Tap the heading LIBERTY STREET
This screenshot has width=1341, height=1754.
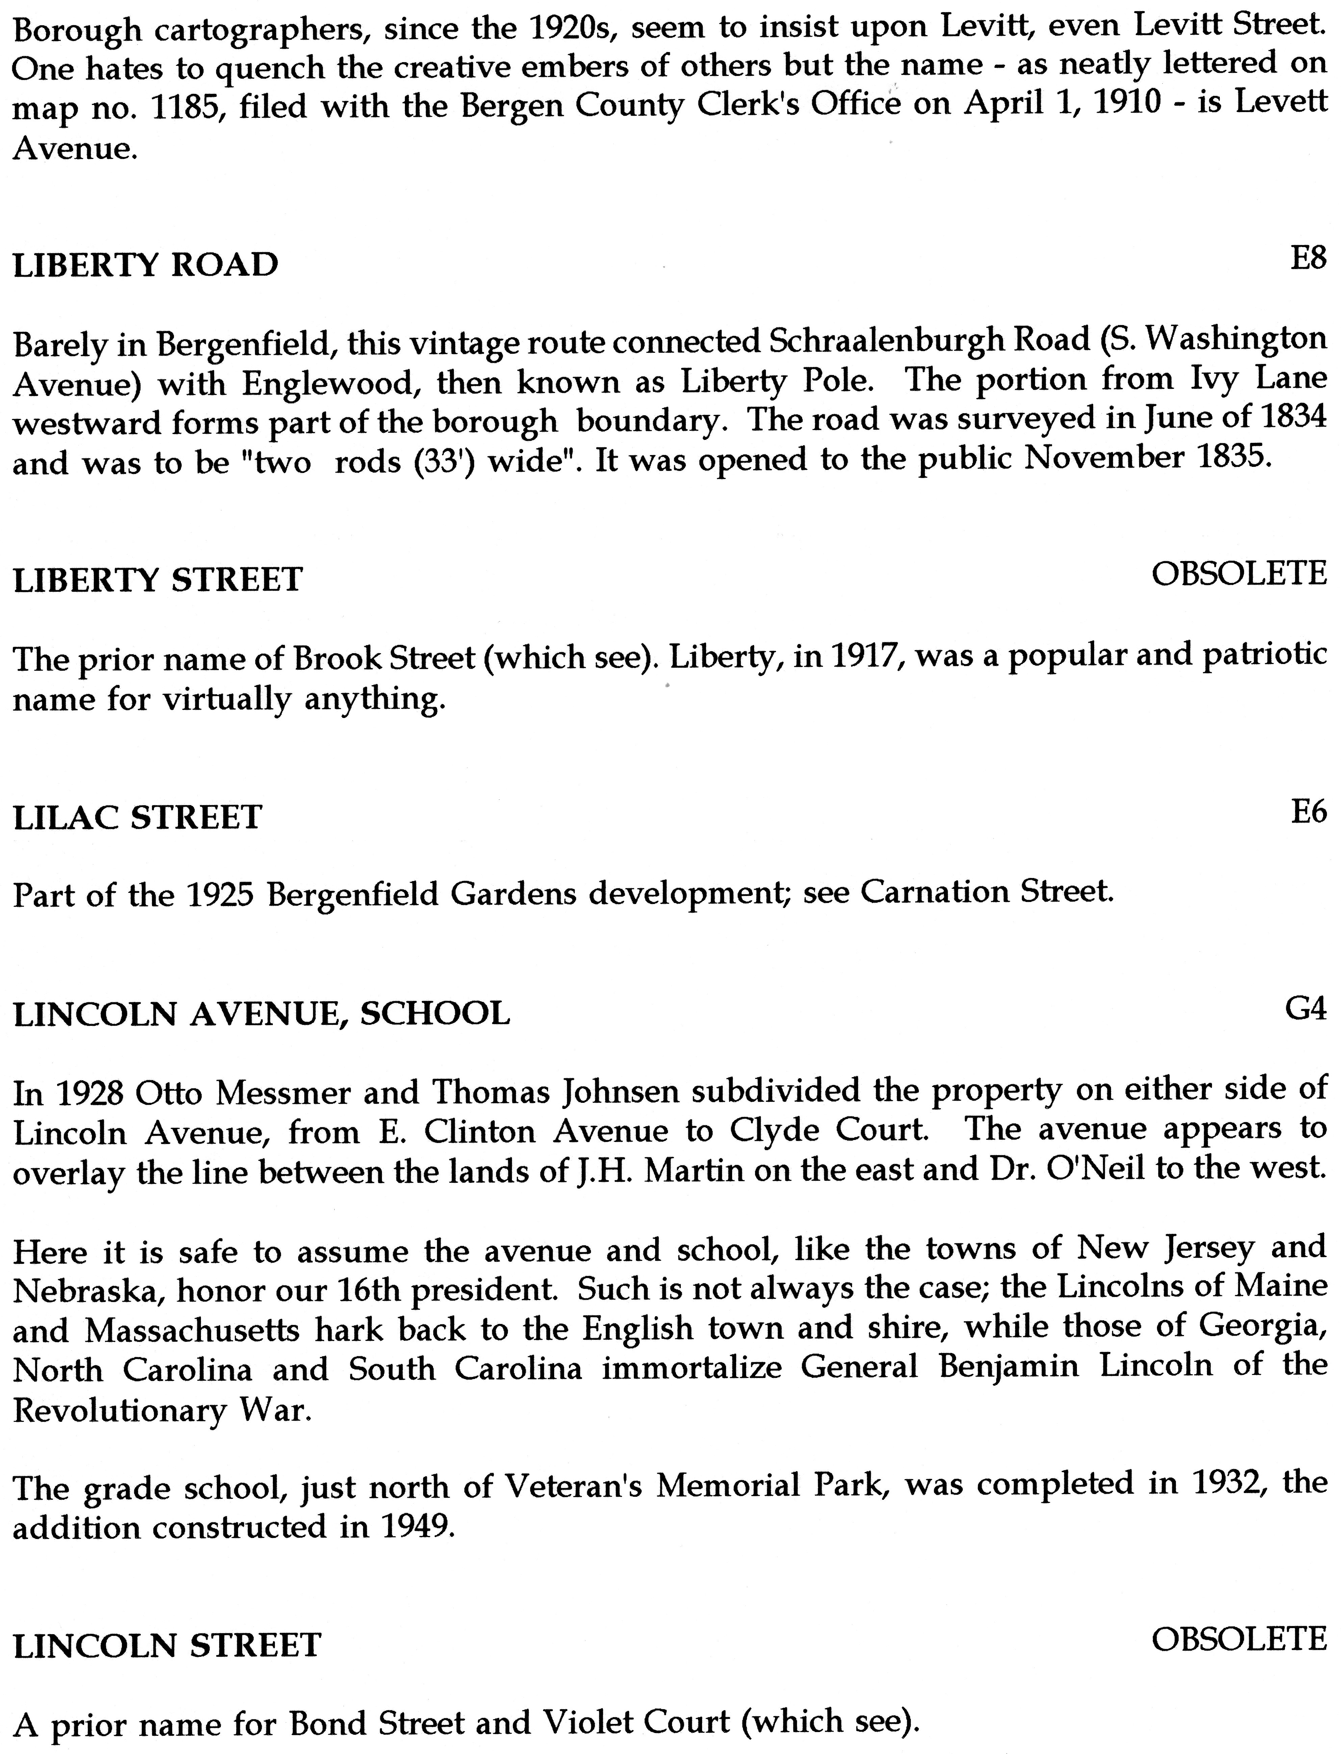tap(158, 579)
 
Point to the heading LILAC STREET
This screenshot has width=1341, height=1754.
tap(137, 818)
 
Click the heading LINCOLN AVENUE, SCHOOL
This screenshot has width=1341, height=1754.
tap(262, 1014)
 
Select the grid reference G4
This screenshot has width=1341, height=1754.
tap(1306, 1009)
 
